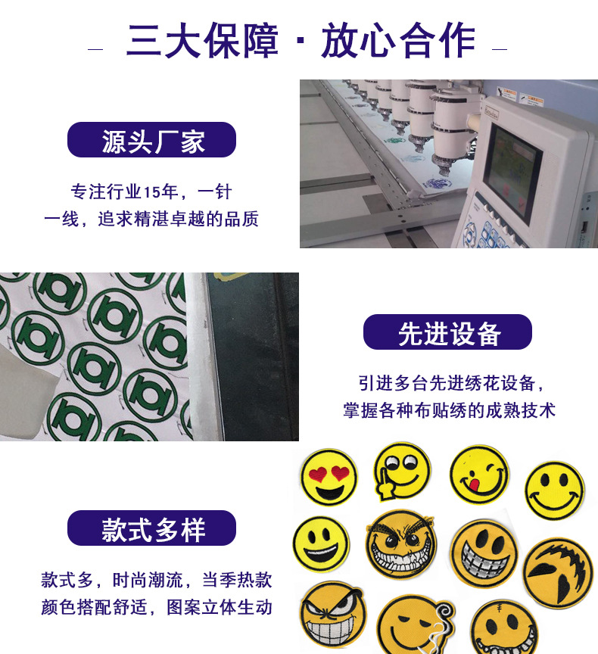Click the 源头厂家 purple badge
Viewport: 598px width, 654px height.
tap(151, 140)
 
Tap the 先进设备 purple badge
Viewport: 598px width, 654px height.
tap(447, 332)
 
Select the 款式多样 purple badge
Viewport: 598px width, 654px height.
tap(151, 528)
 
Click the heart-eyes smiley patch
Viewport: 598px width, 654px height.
tap(329, 477)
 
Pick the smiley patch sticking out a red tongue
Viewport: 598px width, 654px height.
tap(479, 475)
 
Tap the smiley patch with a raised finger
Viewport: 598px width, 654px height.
tap(402, 471)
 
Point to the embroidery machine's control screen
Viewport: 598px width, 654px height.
tap(512, 171)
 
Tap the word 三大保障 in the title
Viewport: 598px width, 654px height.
tap(202, 40)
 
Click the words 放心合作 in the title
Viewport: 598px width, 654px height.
tap(398, 40)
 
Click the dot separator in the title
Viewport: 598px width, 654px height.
tap(301, 42)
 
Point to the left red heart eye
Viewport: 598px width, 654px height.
tap(318, 475)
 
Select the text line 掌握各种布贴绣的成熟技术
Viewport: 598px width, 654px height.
tap(449, 410)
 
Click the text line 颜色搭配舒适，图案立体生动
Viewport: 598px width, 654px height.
tap(157, 607)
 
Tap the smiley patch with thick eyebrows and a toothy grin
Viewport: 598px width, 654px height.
tap(400, 544)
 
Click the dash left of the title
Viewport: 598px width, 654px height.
tap(95, 49)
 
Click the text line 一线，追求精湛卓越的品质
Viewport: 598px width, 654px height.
tap(151, 219)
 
